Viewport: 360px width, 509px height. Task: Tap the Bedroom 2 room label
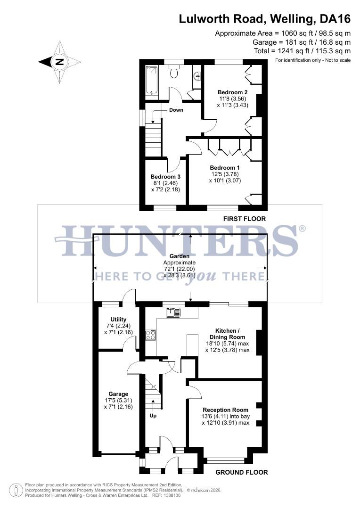click(x=232, y=92)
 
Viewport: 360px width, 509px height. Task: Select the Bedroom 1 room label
click(x=225, y=168)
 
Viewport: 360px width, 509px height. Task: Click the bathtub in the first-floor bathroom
click(x=151, y=80)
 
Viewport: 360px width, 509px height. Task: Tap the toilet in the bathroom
click(x=174, y=72)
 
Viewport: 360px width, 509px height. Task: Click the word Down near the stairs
click(x=176, y=110)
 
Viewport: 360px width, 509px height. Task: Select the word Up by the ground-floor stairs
click(x=153, y=416)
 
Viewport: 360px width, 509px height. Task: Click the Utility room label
click(x=118, y=320)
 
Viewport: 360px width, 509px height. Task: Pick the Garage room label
click(x=118, y=394)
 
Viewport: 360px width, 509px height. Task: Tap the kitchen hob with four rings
click(x=151, y=335)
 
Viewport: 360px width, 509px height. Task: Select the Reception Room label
click(x=225, y=410)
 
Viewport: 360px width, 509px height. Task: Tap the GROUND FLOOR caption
click(x=241, y=472)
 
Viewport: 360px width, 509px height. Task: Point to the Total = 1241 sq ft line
click(x=302, y=51)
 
